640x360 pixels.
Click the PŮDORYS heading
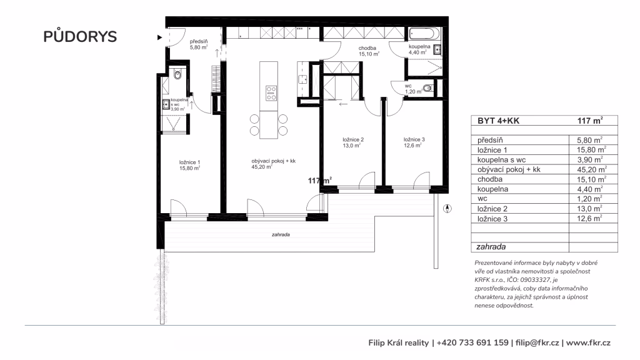[80, 36]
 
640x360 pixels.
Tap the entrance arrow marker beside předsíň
[159, 37]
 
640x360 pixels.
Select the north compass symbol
[447, 209]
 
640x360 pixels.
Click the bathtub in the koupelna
[424, 34]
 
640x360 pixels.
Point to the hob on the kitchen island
[271, 93]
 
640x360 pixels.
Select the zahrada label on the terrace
[281, 235]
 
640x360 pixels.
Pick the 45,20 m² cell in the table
[591, 169]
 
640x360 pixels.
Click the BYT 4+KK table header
[498, 121]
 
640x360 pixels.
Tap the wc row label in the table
[482, 199]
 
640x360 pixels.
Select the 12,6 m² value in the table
[589, 218]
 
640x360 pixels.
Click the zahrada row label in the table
[491, 246]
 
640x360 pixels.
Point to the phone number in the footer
[472, 343]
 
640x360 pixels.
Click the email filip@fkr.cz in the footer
[537, 343]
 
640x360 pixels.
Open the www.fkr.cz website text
[588, 343]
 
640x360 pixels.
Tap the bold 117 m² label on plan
[319, 181]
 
